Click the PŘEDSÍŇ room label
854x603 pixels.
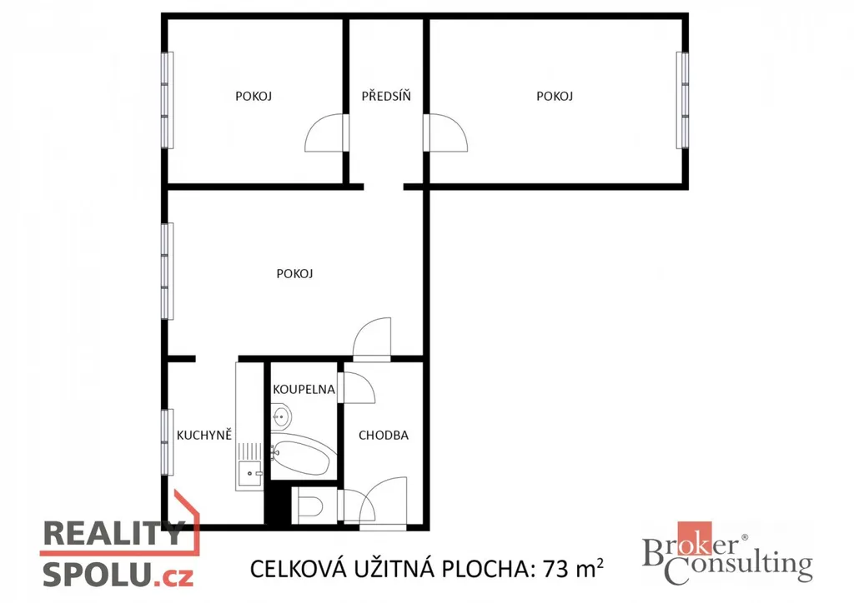386,97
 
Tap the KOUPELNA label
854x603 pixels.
304,389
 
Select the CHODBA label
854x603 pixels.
384,435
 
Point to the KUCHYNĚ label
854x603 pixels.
204,435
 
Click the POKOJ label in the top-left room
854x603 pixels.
254,97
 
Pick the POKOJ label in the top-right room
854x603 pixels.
555,97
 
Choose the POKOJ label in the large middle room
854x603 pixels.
294,273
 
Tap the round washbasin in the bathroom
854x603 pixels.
281,417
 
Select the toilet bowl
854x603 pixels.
309,506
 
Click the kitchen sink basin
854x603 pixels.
249,473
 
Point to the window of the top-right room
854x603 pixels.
682,100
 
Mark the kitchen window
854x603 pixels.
167,442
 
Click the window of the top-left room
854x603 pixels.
167,100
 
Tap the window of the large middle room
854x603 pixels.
167,271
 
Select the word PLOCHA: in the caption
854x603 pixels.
487,570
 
